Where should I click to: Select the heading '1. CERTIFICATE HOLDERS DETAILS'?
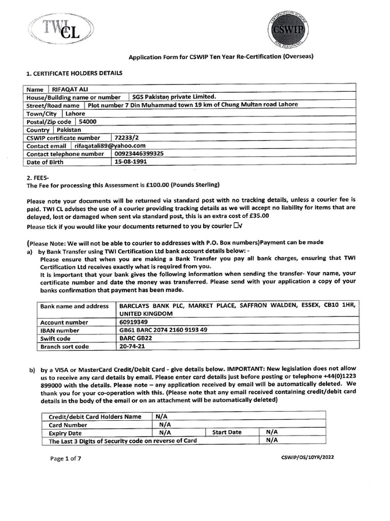[74, 73]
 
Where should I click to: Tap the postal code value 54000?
[87, 122]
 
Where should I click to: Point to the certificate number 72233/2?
[127, 138]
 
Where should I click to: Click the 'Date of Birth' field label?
[47, 162]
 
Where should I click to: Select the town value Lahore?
[75, 113]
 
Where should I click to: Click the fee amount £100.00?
[155, 184]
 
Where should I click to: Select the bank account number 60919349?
[133, 322]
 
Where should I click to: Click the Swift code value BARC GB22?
[136, 338]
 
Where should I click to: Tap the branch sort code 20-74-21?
[131, 346]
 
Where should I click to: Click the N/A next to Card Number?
[165, 424]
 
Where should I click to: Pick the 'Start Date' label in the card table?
[227, 432]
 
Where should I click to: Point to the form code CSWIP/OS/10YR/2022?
[308, 457]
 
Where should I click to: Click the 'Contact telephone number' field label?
[65, 154]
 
